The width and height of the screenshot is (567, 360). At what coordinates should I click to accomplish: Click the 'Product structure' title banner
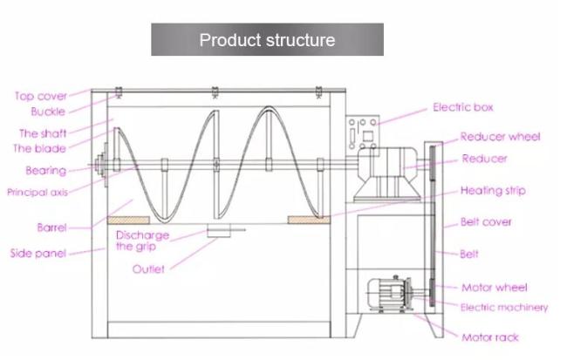(x=267, y=39)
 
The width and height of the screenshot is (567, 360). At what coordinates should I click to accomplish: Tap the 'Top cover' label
(x=41, y=96)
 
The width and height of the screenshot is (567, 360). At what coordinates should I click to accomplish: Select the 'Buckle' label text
(x=48, y=112)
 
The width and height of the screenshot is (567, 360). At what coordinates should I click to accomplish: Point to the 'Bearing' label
(x=46, y=171)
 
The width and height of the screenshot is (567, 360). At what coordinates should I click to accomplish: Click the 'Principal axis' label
(x=38, y=192)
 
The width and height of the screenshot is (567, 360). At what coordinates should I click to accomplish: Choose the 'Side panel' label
(x=38, y=253)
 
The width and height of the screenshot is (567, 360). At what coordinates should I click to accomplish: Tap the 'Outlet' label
(x=148, y=269)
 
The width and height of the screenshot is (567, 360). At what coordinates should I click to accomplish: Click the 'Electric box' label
(x=463, y=107)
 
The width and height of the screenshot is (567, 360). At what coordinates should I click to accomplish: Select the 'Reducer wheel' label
(x=500, y=137)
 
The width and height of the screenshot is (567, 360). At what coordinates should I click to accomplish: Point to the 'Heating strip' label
(x=493, y=191)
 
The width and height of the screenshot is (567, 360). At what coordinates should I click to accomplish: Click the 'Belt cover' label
(x=486, y=221)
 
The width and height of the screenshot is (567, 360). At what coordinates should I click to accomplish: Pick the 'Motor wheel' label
(x=495, y=288)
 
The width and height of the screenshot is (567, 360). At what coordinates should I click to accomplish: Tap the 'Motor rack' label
(x=490, y=337)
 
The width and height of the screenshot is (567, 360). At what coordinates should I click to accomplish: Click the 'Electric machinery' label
(x=504, y=308)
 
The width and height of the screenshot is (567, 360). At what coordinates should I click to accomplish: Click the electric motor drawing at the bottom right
(x=390, y=295)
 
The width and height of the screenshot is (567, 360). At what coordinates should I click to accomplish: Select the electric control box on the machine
(x=363, y=132)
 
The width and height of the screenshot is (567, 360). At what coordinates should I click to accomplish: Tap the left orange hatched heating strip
(x=128, y=221)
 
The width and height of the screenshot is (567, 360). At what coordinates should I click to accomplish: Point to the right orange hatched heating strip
(x=309, y=220)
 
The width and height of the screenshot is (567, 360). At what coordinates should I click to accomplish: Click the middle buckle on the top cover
(x=215, y=92)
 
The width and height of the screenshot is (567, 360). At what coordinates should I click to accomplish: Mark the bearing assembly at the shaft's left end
(x=102, y=165)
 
